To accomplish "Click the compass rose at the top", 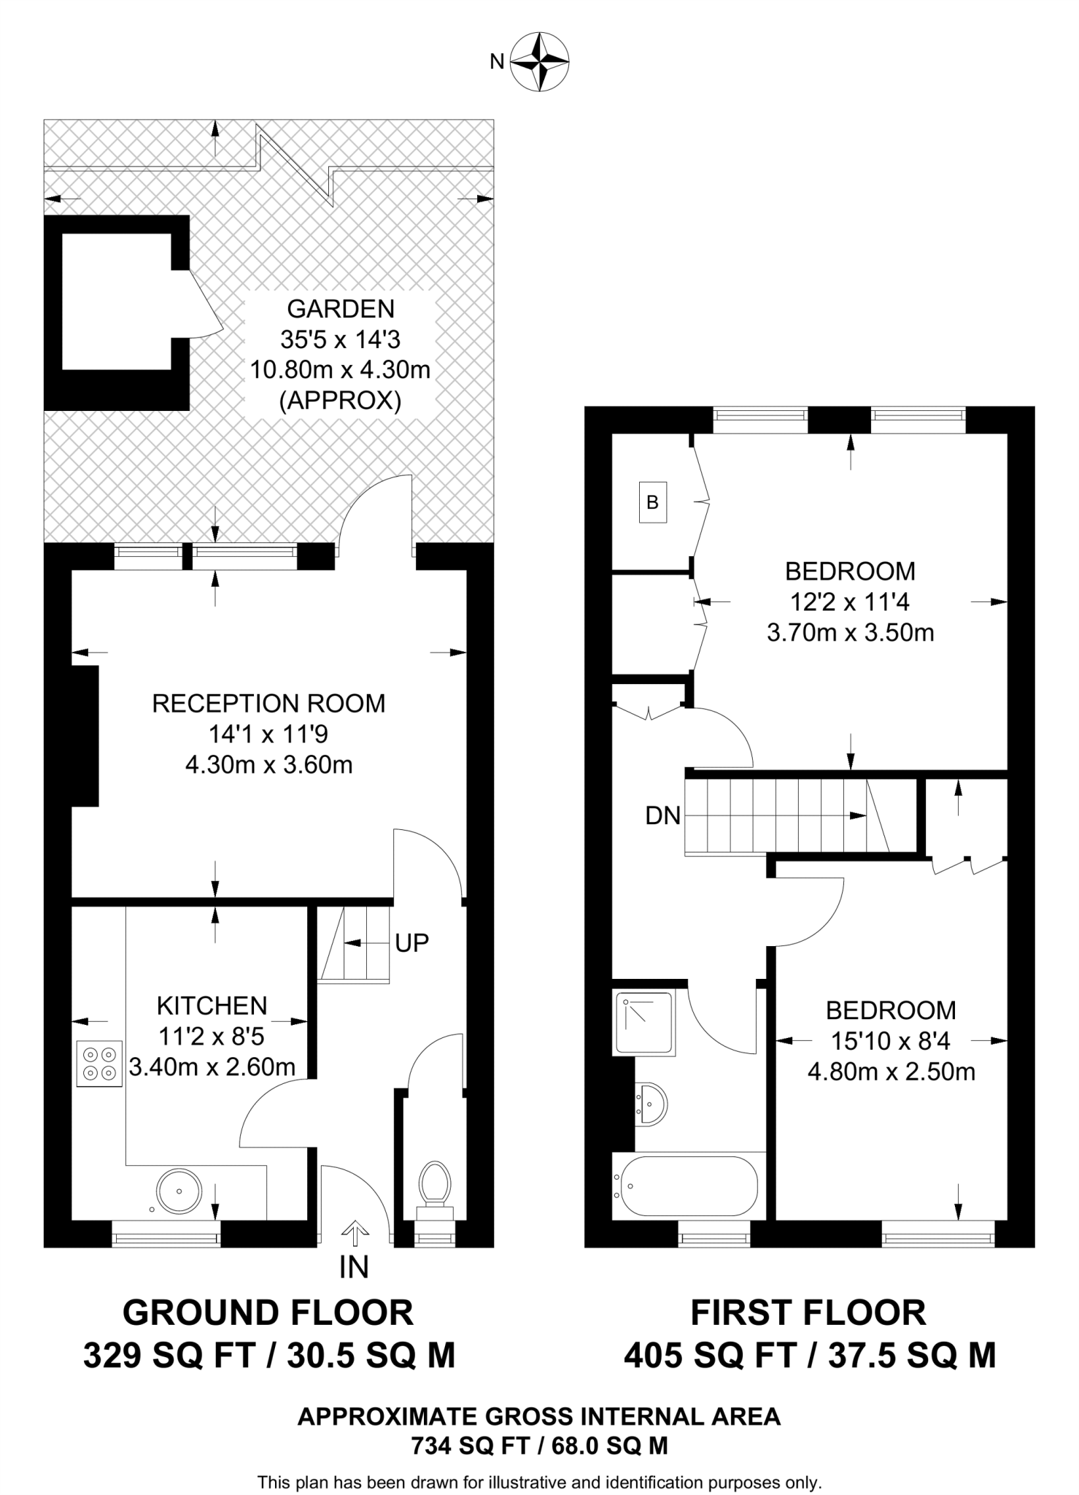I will tap(539, 61).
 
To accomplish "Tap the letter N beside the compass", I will tap(497, 62).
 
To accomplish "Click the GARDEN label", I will tap(341, 309).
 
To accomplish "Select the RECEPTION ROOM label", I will tap(268, 704).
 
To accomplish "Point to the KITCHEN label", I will tap(212, 1006).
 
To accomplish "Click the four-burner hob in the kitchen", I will tap(99, 1064).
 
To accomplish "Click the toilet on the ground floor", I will tap(435, 1183).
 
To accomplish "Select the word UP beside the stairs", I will tap(411, 943).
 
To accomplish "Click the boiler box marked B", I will tap(653, 502).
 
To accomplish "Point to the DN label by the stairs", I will tap(662, 815).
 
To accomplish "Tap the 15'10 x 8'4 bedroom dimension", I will tap(891, 1041).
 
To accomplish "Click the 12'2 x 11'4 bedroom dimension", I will tap(850, 602).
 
